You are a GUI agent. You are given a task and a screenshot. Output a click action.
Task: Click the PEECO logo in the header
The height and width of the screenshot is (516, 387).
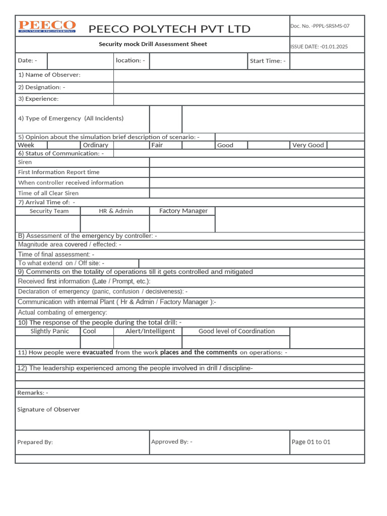click(47, 27)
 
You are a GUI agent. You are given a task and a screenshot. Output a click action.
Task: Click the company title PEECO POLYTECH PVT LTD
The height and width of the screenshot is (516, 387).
click(169, 29)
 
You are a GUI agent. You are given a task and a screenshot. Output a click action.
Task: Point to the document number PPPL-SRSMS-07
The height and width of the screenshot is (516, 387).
click(319, 26)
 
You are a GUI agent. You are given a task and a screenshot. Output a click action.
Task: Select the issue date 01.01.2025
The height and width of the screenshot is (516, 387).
click(319, 47)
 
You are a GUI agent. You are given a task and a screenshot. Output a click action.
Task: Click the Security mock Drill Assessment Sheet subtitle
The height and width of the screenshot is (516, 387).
click(153, 44)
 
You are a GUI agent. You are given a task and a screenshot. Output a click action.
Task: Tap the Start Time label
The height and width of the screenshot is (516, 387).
click(268, 61)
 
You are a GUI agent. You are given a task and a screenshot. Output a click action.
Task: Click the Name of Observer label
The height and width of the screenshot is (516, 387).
click(49, 75)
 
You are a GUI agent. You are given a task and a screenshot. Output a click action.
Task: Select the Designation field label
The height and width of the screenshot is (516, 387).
click(41, 87)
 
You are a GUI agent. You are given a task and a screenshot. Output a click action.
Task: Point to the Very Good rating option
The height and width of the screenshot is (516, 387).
click(308, 145)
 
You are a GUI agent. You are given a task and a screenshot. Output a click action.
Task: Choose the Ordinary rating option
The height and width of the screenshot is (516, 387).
click(95, 145)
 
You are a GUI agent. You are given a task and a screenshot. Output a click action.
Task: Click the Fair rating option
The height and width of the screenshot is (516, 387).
click(157, 145)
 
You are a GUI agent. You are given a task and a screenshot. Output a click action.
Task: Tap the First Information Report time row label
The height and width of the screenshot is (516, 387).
click(58, 172)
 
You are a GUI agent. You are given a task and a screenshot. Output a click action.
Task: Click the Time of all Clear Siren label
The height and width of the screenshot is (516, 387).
click(48, 193)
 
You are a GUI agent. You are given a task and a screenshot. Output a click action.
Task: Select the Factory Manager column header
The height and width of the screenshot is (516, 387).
click(183, 211)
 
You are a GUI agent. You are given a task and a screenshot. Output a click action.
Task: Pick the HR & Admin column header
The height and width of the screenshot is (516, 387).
click(116, 211)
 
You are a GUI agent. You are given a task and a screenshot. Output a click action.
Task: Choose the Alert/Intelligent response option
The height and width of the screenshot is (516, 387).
click(150, 331)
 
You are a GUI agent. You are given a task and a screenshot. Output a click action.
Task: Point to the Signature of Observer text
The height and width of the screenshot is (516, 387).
click(48, 410)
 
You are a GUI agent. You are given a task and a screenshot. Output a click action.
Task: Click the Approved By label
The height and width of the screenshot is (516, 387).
click(171, 442)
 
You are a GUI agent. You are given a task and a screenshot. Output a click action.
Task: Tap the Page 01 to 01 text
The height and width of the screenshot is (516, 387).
click(311, 442)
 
